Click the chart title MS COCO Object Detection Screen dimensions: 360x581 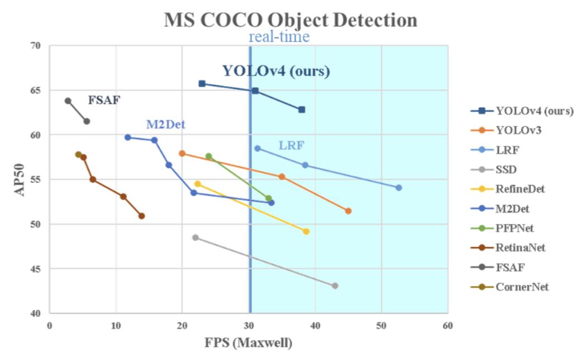tap(290, 20)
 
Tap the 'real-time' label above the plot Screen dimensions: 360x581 tap(279, 37)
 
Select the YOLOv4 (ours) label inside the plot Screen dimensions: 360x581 tap(276, 71)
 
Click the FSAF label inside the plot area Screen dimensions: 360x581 tap(104, 101)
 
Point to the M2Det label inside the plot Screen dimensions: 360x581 tap(165, 124)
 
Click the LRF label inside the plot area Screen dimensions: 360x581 tap(291, 146)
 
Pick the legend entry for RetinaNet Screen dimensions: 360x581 tap(520, 247)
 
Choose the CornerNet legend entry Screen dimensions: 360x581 tap(522, 287)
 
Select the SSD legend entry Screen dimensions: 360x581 tap(506, 169)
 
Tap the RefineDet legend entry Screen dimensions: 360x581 tap(520, 189)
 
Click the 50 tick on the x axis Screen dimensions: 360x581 tap(382, 325)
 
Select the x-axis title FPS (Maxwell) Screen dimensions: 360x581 tap(248, 343)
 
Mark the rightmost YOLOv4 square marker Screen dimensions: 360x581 tap(302, 110)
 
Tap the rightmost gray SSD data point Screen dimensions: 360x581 tap(335, 286)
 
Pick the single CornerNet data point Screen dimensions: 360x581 tap(78, 154)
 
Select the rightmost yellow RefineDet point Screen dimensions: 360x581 tap(306, 231)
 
